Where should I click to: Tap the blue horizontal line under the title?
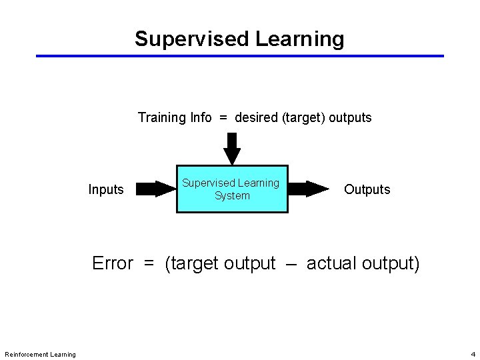[x=240, y=56]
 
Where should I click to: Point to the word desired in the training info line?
[x=257, y=118]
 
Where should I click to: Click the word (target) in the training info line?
[x=304, y=118]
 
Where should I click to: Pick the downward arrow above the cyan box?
[x=231, y=148]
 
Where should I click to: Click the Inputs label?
[x=106, y=190]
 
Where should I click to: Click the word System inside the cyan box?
[x=232, y=196]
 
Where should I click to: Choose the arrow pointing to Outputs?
[x=309, y=189]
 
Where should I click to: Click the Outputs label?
[x=367, y=190]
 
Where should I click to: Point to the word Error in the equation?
[x=113, y=264]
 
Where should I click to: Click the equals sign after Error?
[x=148, y=264]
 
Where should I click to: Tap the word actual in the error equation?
[x=331, y=264]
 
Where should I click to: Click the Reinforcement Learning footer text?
[x=40, y=354]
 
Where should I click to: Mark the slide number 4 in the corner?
[x=473, y=354]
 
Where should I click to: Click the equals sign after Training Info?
[x=223, y=118]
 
